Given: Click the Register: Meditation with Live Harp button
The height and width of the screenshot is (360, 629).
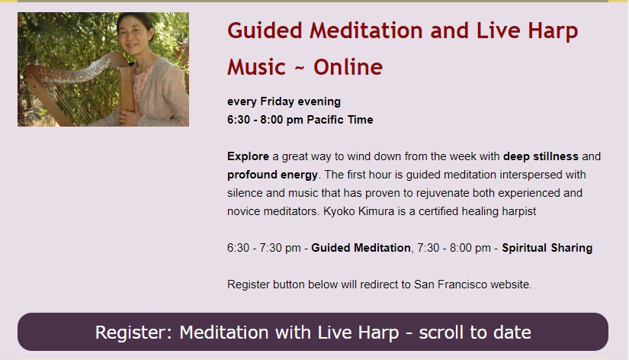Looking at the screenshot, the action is [313, 332].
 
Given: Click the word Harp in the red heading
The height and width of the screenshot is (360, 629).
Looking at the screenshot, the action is [553, 31].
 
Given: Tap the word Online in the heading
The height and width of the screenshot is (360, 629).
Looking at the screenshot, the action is [348, 66].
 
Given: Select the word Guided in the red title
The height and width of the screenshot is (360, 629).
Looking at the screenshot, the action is [265, 31].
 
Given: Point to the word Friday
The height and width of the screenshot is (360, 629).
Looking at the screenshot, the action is [278, 101].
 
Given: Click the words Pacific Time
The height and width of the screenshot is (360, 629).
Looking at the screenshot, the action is [340, 120].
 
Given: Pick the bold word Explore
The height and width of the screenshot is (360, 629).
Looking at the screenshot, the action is [248, 156].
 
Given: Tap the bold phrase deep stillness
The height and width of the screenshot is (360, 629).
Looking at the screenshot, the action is [541, 156].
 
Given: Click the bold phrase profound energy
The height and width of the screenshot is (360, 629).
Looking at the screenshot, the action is [272, 175].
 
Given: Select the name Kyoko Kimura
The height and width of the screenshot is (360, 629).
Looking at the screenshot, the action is [358, 211].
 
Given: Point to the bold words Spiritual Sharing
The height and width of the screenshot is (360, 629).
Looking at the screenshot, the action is [547, 248].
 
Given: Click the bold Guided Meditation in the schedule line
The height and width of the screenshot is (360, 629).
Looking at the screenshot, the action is [361, 248].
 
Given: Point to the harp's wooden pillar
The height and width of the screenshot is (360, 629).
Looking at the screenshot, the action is [127, 89].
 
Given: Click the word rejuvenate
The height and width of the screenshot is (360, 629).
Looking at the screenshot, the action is [442, 194].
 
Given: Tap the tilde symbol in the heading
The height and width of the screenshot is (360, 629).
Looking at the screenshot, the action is [300, 68].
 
